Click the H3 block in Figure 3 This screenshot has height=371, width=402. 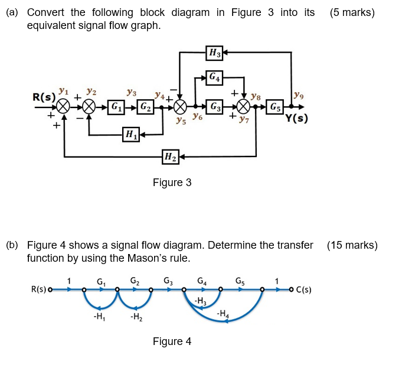(214, 53)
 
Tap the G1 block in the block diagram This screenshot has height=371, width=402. (117, 108)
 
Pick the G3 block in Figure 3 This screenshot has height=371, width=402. (215, 108)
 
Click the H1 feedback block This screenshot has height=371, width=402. (130, 135)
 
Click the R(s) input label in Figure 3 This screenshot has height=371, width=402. (44, 96)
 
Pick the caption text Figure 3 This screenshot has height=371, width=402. (172, 183)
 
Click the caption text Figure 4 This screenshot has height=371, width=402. (172, 341)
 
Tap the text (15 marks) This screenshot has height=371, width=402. (352, 245)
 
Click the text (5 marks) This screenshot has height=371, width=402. (352, 12)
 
